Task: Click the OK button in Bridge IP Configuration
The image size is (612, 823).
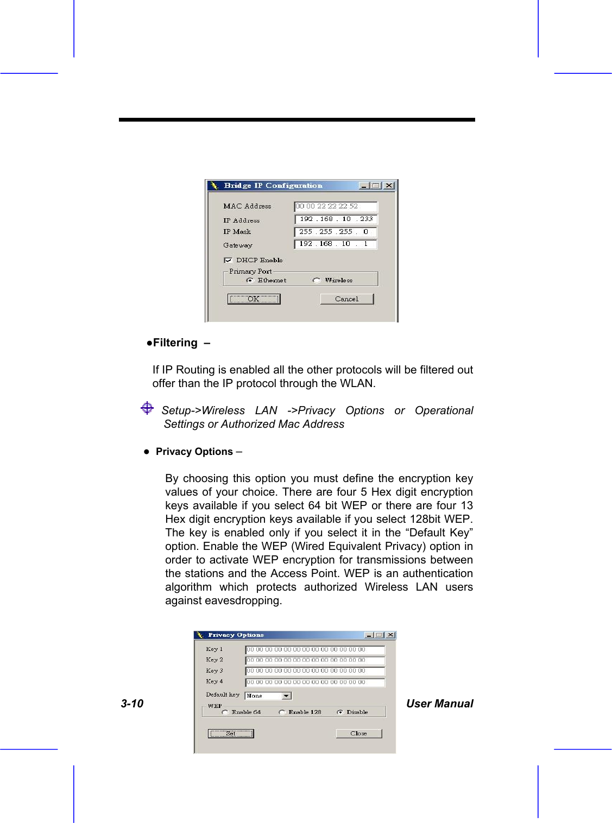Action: (254, 299)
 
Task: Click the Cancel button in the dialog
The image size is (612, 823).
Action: (346, 299)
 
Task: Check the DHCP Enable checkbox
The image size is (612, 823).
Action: (228, 261)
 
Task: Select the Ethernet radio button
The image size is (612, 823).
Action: (250, 281)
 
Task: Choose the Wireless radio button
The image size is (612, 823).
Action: (317, 281)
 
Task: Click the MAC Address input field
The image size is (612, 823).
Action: (335, 206)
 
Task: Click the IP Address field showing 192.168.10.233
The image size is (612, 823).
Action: (335, 219)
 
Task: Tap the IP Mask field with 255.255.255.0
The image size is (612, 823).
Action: (335, 232)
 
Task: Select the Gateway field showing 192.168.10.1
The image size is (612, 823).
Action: (335, 244)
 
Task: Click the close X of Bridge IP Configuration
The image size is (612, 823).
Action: (389, 186)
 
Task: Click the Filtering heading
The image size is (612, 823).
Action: (175, 343)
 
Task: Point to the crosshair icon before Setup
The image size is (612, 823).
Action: (147, 408)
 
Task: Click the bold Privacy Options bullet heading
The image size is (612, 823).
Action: (194, 452)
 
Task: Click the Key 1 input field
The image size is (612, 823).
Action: (315, 650)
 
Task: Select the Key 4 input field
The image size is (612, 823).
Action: (315, 682)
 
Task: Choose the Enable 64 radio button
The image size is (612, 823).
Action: (225, 712)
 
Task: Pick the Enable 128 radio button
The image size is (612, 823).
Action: (282, 712)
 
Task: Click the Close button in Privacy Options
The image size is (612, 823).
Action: (358, 733)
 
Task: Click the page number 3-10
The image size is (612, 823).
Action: (132, 704)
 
